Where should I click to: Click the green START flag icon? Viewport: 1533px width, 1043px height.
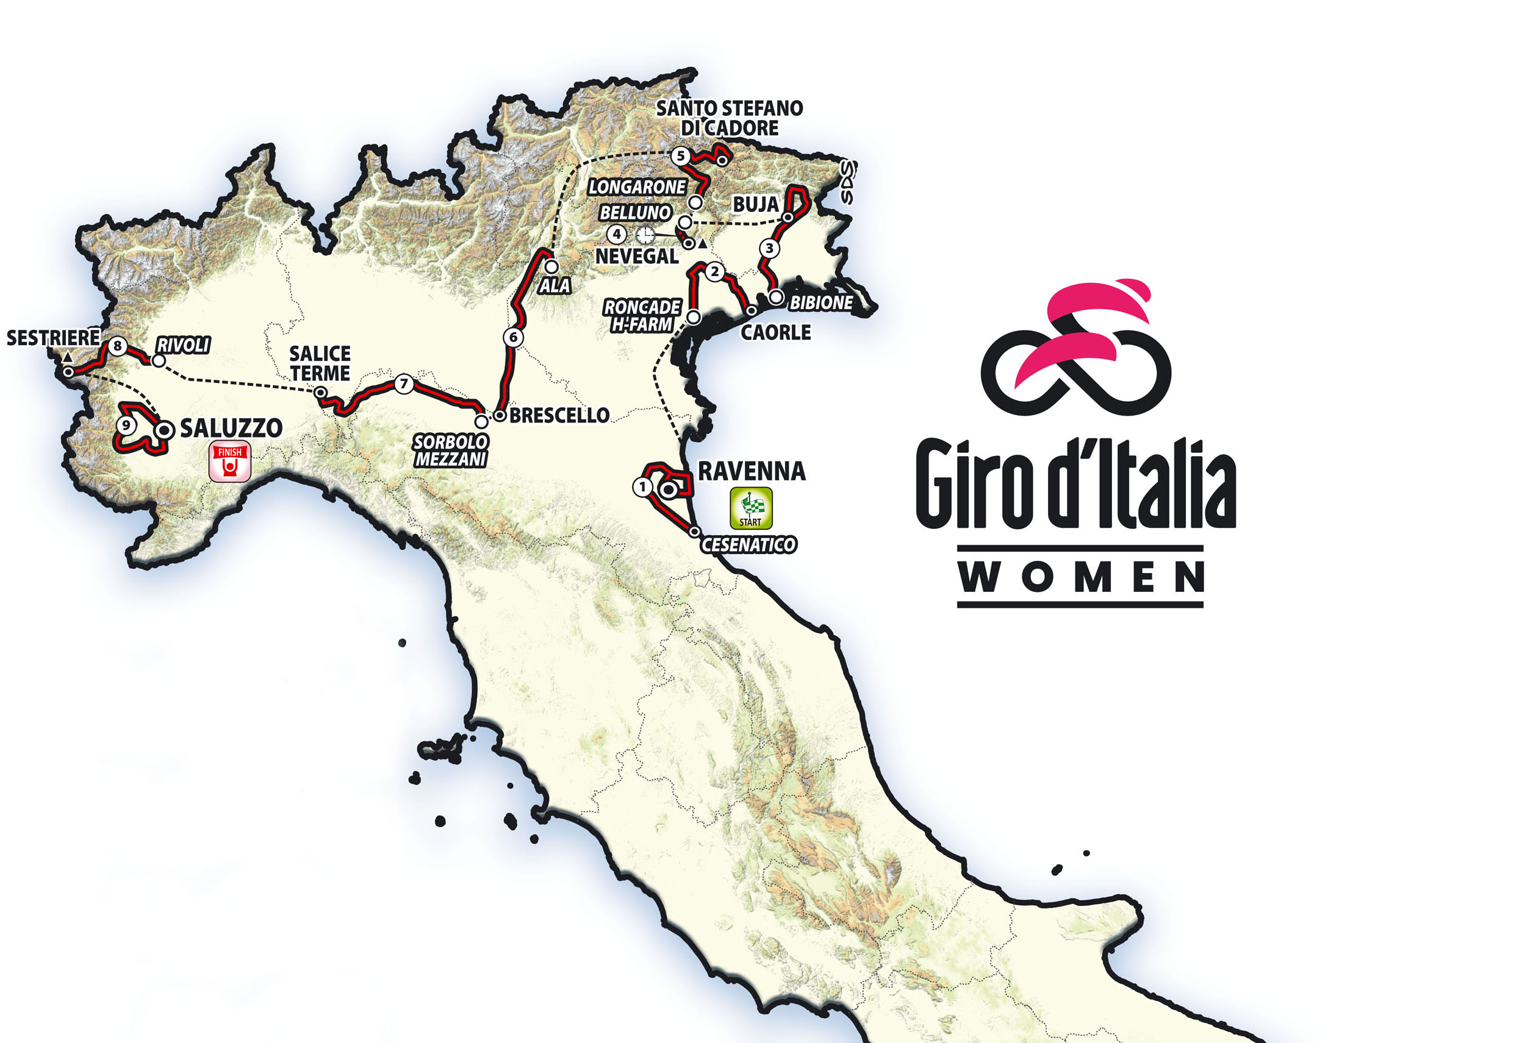(751, 508)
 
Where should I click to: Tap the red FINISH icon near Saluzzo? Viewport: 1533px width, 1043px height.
(229, 461)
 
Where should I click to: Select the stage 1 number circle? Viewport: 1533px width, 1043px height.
(642, 487)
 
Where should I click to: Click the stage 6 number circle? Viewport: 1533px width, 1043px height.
(513, 337)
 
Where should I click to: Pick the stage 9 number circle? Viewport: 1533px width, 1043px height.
(125, 425)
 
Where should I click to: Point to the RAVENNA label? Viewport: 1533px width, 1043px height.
(752, 471)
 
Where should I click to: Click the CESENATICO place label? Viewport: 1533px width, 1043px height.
(748, 544)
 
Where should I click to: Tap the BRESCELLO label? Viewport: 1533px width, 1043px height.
(559, 415)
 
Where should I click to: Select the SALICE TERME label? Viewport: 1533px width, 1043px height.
(320, 363)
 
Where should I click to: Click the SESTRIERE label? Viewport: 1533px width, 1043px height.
(53, 338)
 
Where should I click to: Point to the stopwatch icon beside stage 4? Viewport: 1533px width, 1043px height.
(645, 234)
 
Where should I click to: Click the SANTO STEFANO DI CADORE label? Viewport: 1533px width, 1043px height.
(729, 118)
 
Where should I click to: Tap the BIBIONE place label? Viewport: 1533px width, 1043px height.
(820, 302)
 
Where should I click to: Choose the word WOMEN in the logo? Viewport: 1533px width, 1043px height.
(1080, 577)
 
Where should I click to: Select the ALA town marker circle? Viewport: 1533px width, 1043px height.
(551, 267)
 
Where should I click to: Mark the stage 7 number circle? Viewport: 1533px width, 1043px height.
(404, 383)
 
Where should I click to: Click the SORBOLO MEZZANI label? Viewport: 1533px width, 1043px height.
(451, 450)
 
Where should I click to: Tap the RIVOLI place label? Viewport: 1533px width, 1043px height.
(183, 345)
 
